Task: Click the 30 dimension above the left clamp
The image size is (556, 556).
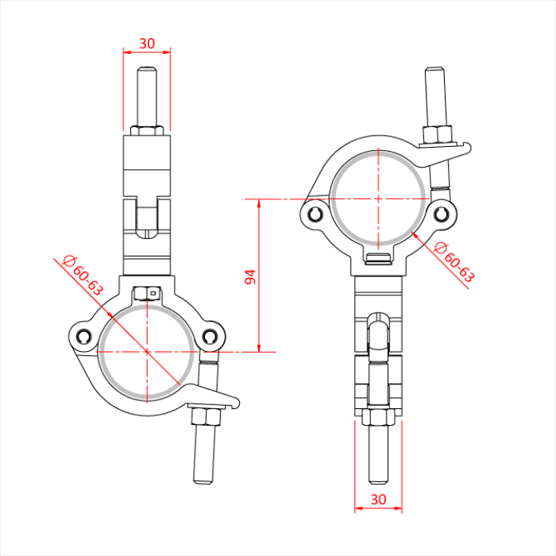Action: pyautogui.click(x=147, y=41)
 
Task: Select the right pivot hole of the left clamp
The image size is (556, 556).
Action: pyautogui.click(x=210, y=337)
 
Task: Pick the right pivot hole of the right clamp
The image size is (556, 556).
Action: pyautogui.click(x=442, y=214)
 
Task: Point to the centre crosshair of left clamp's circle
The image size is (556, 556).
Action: pyautogui.click(x=147, y=350)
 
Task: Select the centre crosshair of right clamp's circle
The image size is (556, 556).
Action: pyautogui.click(x=379, y=198)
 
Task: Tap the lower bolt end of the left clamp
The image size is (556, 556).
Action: pyautogui.click(x=204, y=461)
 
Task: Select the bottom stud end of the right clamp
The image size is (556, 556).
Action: pyautogui.click(x=379, y=461)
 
